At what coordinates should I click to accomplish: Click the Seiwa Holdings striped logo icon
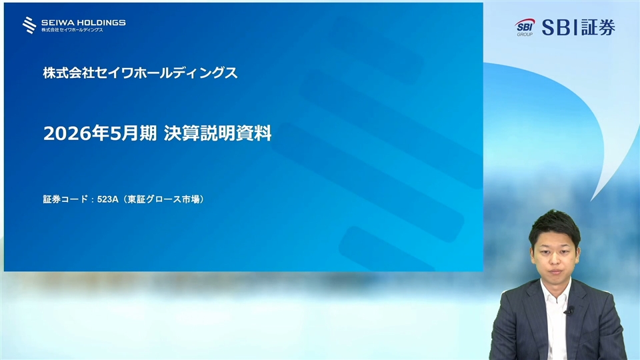click(29, 25)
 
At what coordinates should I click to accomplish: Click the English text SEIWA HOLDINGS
click(83, 23)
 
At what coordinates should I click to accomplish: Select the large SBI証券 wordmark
click(579, 27)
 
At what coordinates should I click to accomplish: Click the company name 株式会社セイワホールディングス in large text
click(140, 73)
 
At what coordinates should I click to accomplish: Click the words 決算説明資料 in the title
click(217, 133)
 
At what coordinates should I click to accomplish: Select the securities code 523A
click(108, 199)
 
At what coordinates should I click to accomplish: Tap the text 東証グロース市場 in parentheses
click(164, 199)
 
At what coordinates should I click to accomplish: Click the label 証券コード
click(65, 199)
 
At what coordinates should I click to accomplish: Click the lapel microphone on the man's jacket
click(569, 311)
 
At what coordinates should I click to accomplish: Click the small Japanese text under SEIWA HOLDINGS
click(72, 30)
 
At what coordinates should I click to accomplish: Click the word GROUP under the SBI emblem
click(525, 34)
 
